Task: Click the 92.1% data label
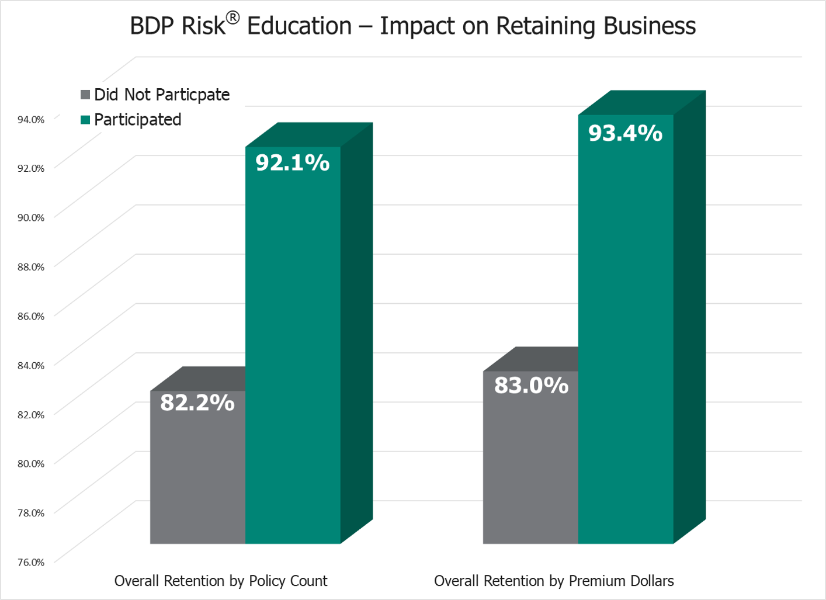click(x=292, y=162)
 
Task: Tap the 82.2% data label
click(x=197, y=403)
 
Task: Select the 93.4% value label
click(x=625, y=133)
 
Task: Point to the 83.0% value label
click(x=531, y=386)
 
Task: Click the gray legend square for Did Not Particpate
click(x=85, y=95)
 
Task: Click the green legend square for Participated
click(x=85, y=120)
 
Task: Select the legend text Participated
click(x=138, y=120)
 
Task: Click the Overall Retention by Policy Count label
click(x=221, y=581)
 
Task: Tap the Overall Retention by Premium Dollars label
click(x=554, y=581)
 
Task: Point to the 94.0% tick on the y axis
click(x=31, y=119)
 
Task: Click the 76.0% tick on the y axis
click(x=31, y=562)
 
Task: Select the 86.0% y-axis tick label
click(x=31, y=316)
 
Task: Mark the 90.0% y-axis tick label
click(x=31, y=217)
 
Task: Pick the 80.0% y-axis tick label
click(x=31, y=463)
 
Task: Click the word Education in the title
click(x=299, y=26)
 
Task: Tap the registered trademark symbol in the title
click(x=232, y=18)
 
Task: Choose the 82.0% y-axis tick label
click(x=31, y=415)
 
